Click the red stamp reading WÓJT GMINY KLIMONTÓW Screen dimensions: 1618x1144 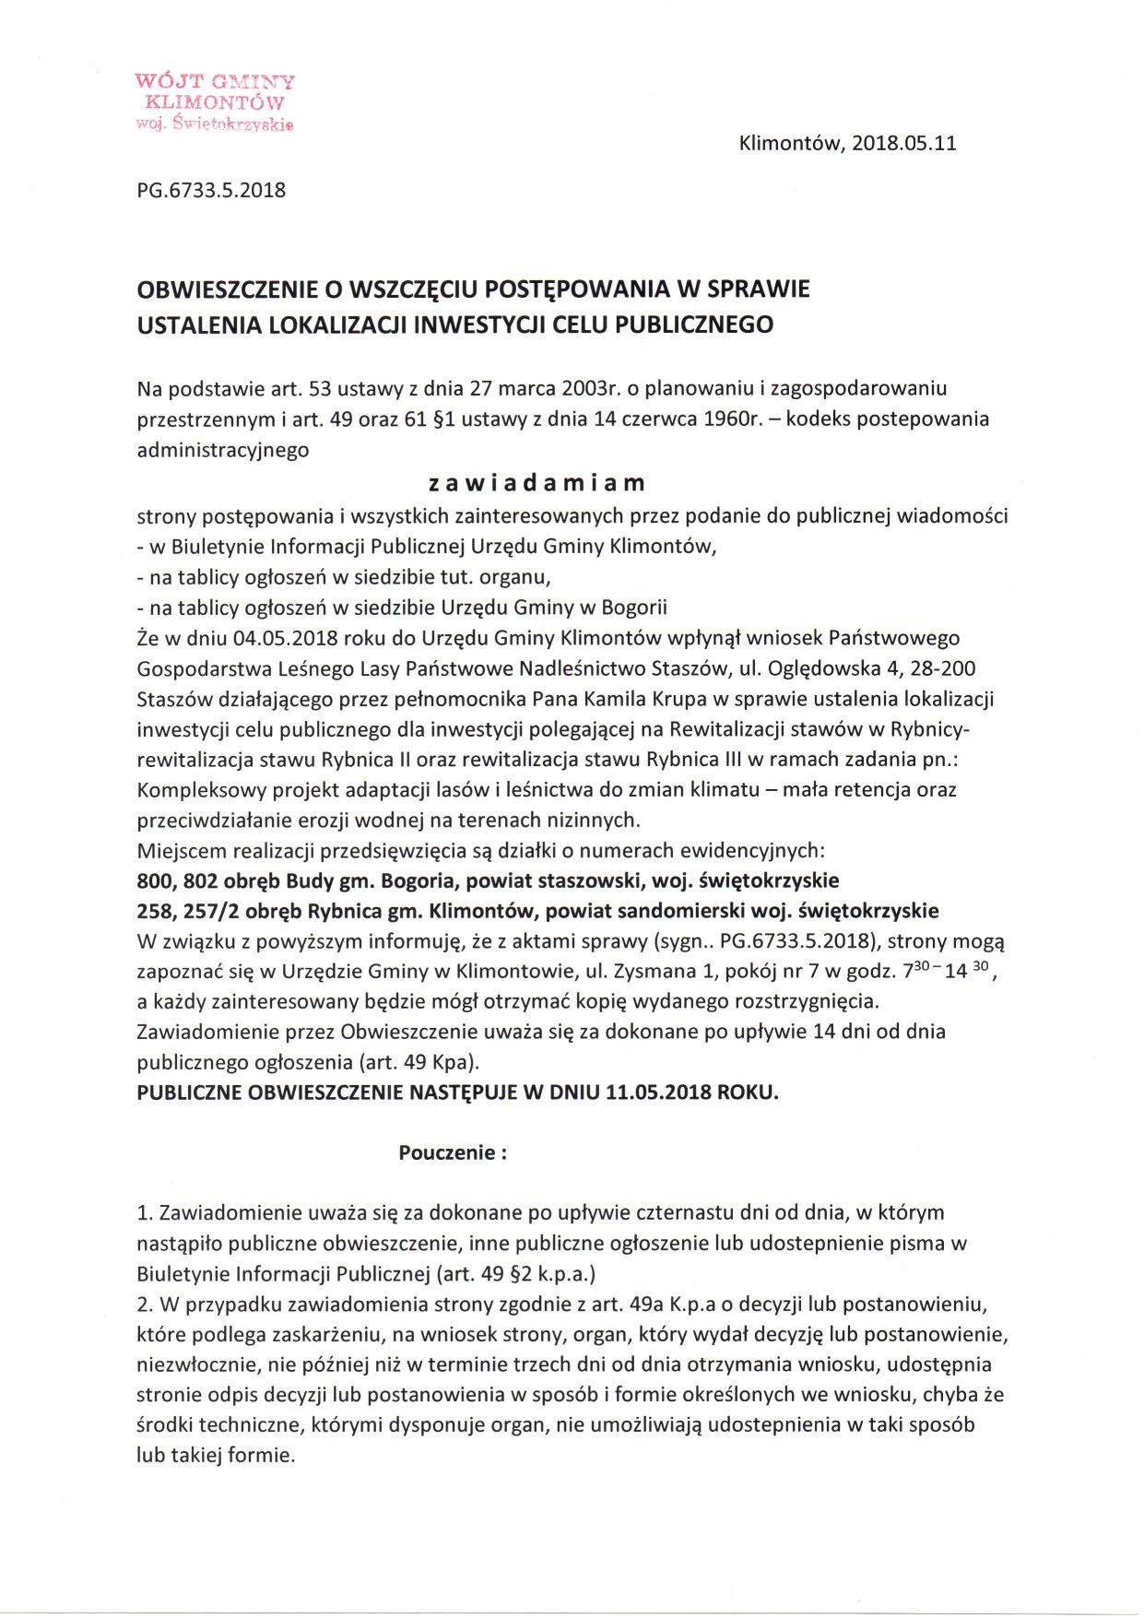(215, 101)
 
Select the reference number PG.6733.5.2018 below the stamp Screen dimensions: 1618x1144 (211, 191)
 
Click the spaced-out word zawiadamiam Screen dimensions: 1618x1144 (537, 482)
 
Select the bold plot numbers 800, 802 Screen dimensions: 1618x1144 (177, 880)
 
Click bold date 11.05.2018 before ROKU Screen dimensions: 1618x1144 (658, 1092)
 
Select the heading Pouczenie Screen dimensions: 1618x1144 (452, 1152)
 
